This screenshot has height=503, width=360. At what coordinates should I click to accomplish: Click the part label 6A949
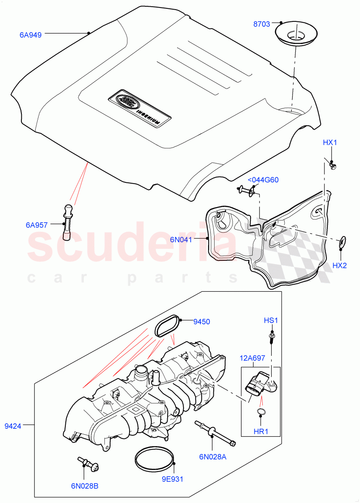[x=30, y=35]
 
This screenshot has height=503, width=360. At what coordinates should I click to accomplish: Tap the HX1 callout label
[x=330, y=143]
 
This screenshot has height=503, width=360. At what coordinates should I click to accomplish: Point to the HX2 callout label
[x=339, y=265]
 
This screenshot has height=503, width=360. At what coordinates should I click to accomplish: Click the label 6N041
[x=181, y=240]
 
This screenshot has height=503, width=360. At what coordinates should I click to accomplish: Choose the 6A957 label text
[x=36, y=225]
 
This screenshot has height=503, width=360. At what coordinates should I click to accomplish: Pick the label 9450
[x=202, y=322]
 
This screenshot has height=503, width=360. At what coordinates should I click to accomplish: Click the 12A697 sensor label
[x=252, y=358]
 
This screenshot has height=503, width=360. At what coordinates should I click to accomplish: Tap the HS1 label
[x=271, y=321]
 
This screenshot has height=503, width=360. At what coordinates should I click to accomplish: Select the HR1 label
[x=261, y=431]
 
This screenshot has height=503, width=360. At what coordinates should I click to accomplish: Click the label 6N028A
[x=212, y=457]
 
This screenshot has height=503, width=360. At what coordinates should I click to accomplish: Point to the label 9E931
[x=173, y=478]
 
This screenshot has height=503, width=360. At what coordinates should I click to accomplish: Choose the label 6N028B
[x=84, y=486]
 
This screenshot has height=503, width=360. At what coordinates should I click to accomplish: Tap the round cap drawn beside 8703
[x=295, y=34]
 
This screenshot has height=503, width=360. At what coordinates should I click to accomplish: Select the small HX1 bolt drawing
[x=333, y=166]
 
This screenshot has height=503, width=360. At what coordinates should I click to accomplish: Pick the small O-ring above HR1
[x=261, y=413]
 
